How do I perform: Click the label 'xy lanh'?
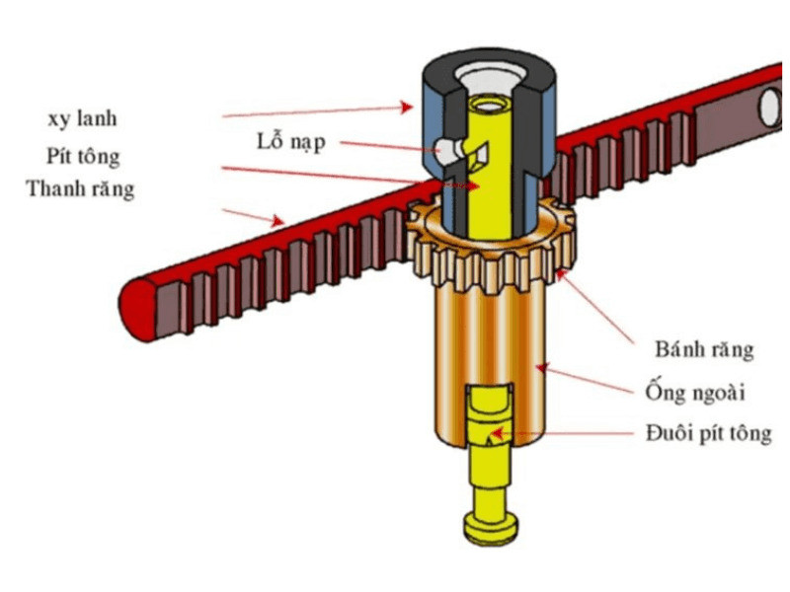pyautogui.click(x=82, y=119)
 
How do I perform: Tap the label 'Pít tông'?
pyautogui.click(x=83, y=156)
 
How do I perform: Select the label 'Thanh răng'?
pyautogui.click(x=80, y=189)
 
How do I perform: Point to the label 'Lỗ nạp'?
pyautogui.click(x=290, y=141)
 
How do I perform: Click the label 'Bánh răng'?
pyautogui.click(x=704, y=349)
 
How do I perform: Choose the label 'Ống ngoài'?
pyautogui.click(x=695, y=392)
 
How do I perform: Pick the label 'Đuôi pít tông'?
pyautogui.click(x=708, y=433)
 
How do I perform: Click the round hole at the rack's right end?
pyautogui.click(x=769, y=107)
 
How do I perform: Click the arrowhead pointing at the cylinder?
pyautogui.click(x=407, y=107)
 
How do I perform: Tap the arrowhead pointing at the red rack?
pyautogui.click(x=277, y=220)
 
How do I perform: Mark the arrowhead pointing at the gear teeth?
pyautogui.click(x=561, y=275)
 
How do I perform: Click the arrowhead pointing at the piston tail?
pyautogui.click(x=497, y=433)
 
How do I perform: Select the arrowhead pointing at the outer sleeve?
pyautogui.click(x=541, y=368)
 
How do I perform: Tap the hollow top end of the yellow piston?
pyautogui.click(x=487, y=106)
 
